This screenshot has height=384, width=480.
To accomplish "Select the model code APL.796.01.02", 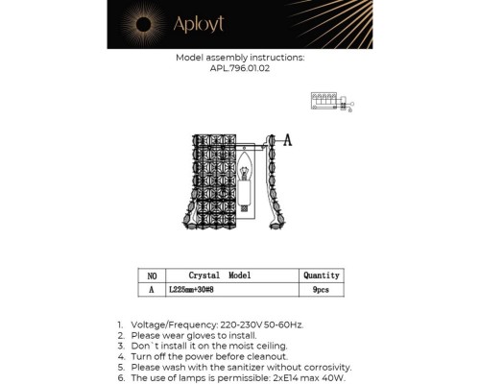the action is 239,68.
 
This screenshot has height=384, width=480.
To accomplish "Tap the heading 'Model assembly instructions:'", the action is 240,58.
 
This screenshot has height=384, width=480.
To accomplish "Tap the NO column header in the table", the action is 151,275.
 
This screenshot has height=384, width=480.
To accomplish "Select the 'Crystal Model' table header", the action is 220,275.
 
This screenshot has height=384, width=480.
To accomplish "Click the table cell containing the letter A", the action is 151,288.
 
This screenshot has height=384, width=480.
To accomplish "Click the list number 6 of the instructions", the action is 120,377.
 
